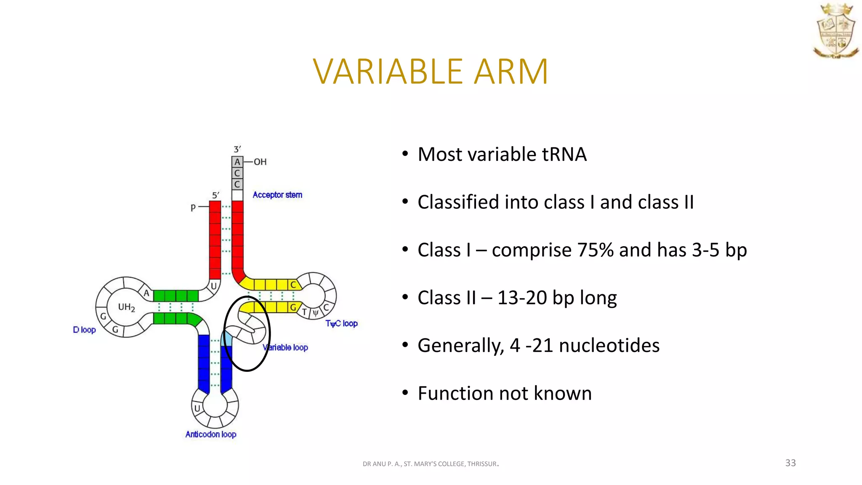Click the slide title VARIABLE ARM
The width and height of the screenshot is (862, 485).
coord(430,72)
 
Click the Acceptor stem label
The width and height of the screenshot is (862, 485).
coord(277,195)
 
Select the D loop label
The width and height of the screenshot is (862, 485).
coord(84,330)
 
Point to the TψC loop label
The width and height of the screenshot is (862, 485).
coord(341,323)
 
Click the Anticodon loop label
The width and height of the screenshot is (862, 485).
coord(211,434)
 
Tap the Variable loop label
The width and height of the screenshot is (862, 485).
coord(285,347)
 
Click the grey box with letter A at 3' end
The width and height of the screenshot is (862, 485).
coord(237,162)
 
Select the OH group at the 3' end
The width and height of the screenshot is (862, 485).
coord(260,162)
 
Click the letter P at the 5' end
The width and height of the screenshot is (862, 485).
coord(193,208)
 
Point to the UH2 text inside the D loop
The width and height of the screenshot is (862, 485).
coord(126,307)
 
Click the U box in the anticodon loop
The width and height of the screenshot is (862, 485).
coord(197,408)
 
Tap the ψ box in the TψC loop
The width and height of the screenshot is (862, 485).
coord(315,313)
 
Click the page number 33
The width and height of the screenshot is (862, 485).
coord(790,463)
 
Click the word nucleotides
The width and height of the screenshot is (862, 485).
coord(609,346)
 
